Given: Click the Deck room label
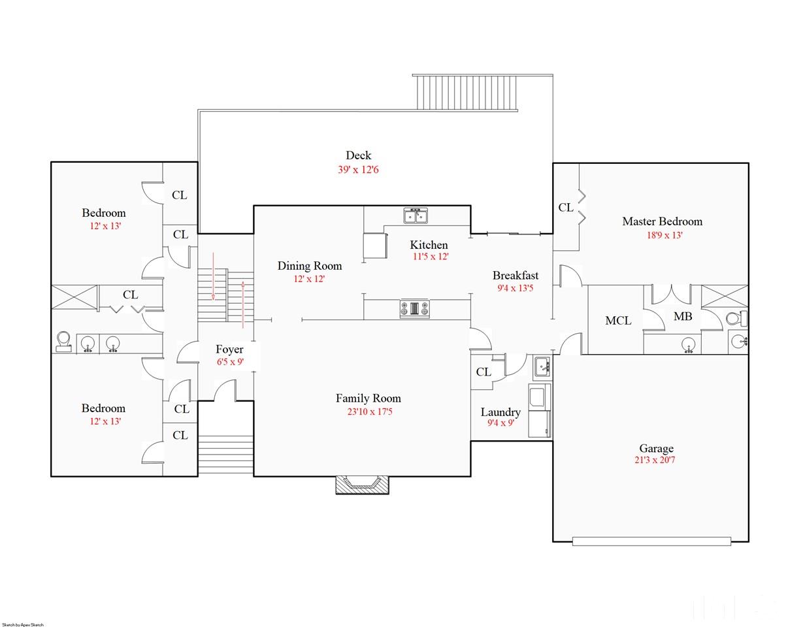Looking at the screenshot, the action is (358, 155).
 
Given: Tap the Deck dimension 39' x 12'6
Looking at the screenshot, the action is (358, 169).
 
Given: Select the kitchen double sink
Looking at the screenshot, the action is (416, 216).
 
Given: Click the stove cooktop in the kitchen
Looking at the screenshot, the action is (414, 308).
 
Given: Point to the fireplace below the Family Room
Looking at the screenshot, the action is (363, 485).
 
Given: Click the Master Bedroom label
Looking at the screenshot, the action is (662, 221).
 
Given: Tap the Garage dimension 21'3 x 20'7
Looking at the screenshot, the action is (655, 460).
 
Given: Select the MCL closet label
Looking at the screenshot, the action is (618, 321).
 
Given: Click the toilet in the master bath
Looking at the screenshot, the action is (736, 319).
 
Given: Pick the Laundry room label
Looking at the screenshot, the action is (500, 412).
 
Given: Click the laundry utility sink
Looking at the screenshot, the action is (542, 366).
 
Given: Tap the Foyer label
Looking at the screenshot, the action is (229, 349).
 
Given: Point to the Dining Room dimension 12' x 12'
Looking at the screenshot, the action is (309, 279).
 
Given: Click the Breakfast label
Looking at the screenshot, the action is (516, 275).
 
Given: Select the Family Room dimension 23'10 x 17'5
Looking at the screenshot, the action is (370, 412).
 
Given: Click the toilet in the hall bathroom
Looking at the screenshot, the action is (63, 342).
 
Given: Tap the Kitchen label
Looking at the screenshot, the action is (429, 245).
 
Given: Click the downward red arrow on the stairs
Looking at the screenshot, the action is (213, 276).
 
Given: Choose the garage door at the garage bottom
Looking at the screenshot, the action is (651, 541).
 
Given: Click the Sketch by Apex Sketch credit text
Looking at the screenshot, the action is (23, 625).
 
